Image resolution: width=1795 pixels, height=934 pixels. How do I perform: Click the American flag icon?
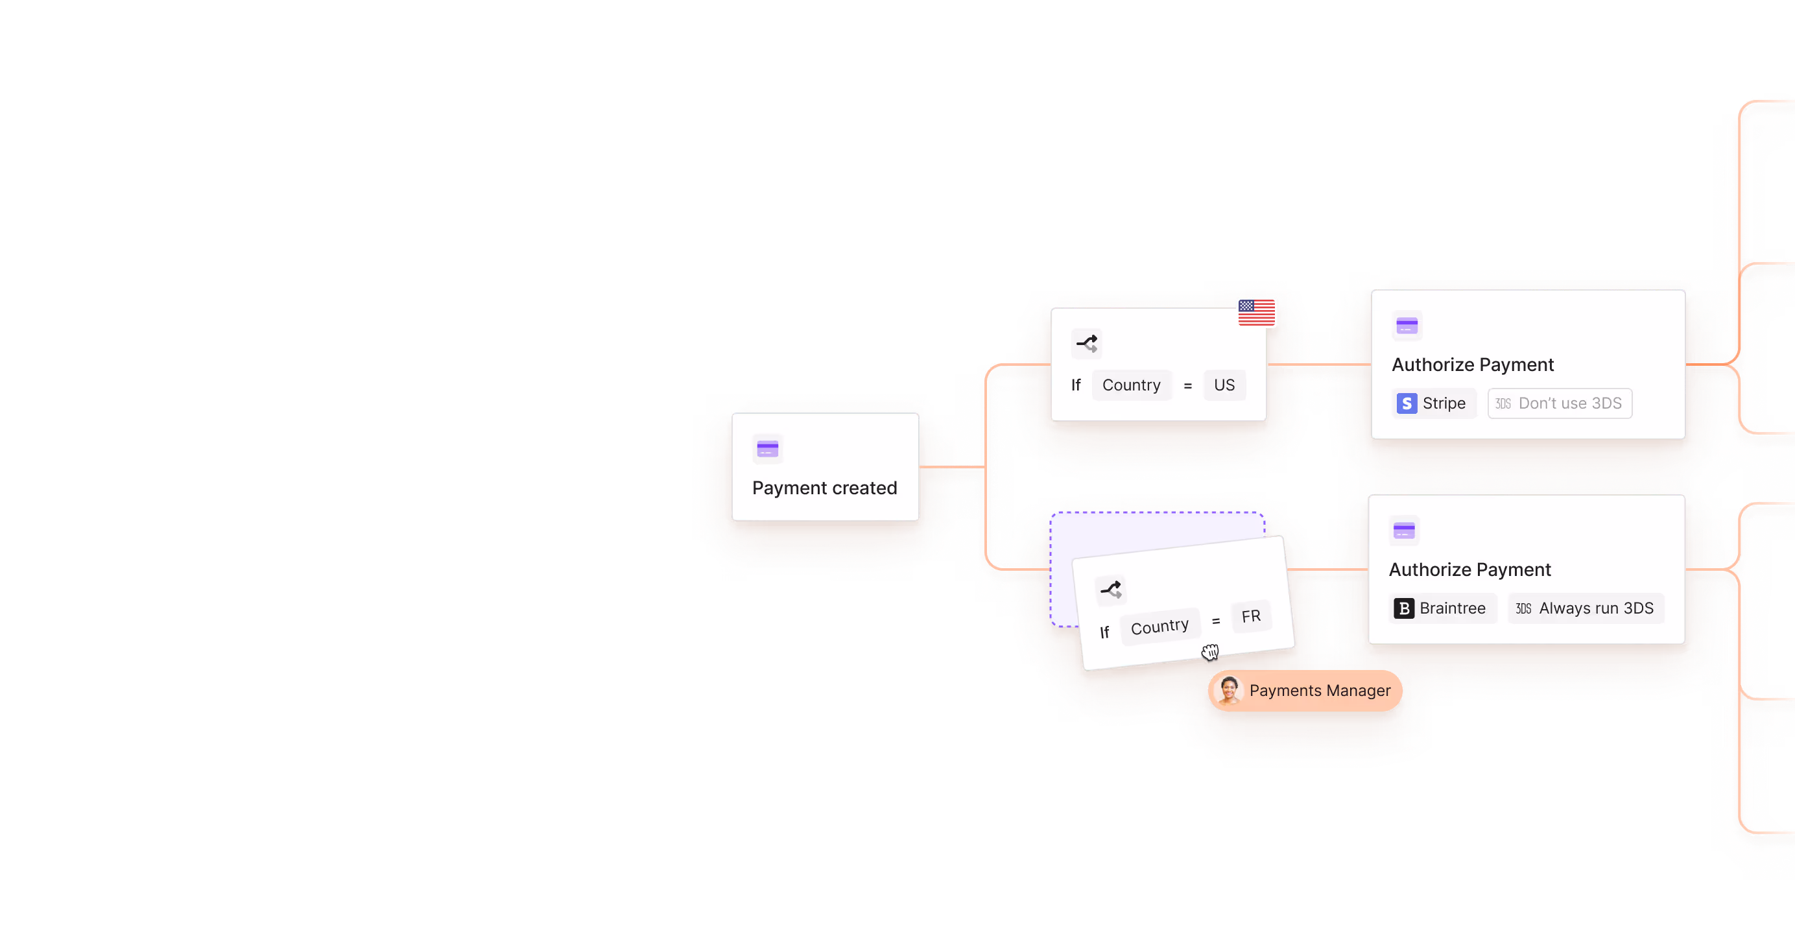click(1256, 312)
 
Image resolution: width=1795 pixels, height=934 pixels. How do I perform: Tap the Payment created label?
click(824, 488)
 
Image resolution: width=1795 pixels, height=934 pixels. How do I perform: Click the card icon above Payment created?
click(767, 449)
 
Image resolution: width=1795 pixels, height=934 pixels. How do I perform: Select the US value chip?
click(1224, 385)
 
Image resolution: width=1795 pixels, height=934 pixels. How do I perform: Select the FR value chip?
click(1251, 616)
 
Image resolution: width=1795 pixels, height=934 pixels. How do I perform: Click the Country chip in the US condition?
click(1131, 385)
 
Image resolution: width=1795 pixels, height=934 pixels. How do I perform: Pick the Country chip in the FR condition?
click(1159, 627)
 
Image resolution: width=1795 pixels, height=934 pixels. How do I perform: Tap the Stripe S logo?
click(1406, 403)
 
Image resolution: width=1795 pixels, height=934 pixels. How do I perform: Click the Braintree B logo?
click(1403, 608)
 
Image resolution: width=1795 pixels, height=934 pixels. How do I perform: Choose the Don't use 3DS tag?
click(1560, 403)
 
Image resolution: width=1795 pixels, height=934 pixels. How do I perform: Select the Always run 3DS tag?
click(1586, 608)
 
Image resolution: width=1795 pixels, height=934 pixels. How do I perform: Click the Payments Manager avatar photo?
click(1228, 690)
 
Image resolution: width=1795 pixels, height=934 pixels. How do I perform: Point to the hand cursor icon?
click(1210, 652)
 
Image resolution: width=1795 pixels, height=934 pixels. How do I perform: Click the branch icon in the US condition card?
click(1086, 344)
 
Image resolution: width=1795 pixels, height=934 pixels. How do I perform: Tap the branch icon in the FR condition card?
click(1111, 590)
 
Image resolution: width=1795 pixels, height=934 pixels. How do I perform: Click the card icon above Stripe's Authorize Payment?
click(1406, 326)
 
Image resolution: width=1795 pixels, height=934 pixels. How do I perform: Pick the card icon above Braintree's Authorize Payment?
click(1403, 531)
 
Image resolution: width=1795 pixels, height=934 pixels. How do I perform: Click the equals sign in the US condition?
click(1187, 386)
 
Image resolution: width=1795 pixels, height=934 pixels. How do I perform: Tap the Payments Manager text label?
click(1319, 691)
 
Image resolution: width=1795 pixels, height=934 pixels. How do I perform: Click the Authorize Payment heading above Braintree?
click(1469, 570)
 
